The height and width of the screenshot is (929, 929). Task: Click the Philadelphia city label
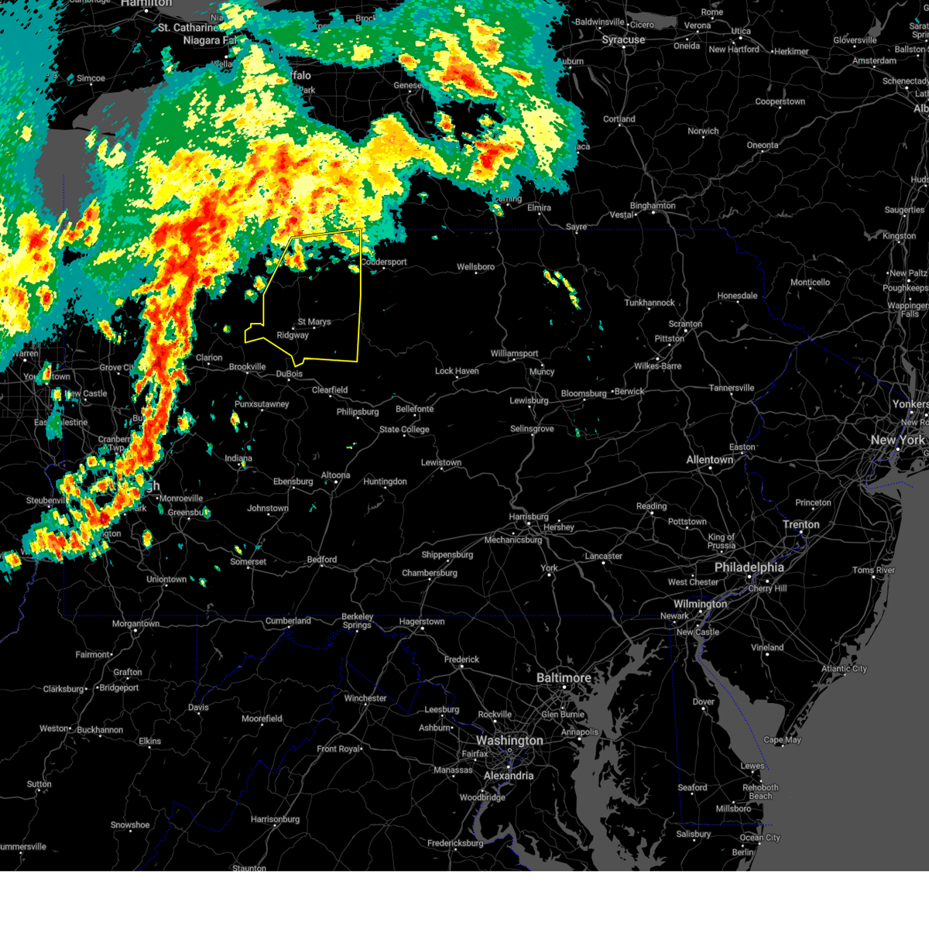pos(749,567)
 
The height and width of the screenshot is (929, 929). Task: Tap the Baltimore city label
pos(564,677)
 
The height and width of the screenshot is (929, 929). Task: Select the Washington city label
pos(509,740)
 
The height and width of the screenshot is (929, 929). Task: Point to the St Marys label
pos(314,321)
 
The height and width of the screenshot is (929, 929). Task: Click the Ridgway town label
pos(293,335)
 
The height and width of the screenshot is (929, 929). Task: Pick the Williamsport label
pos(514,354)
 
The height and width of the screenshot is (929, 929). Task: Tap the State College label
pos(403,430)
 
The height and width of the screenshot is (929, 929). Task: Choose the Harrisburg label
pos(529,516)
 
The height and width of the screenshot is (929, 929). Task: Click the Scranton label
pos(685,324)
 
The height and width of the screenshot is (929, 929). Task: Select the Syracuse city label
pos(623,39)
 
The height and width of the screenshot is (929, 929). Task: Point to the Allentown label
pos(709,460)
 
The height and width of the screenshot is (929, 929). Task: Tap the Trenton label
pos(800,524)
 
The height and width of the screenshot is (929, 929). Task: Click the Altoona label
pos(335,475)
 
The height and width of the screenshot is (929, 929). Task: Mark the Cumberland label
pos(288,621)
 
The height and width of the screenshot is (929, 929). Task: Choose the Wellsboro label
pos(475,267)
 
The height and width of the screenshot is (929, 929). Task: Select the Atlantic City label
pos(844,668)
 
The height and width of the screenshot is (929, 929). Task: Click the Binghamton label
pos(653,206)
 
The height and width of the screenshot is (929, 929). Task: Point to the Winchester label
pos(365,698)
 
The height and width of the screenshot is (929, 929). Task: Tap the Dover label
pos(703,702)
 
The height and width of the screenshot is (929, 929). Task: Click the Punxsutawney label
pos(262,404)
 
